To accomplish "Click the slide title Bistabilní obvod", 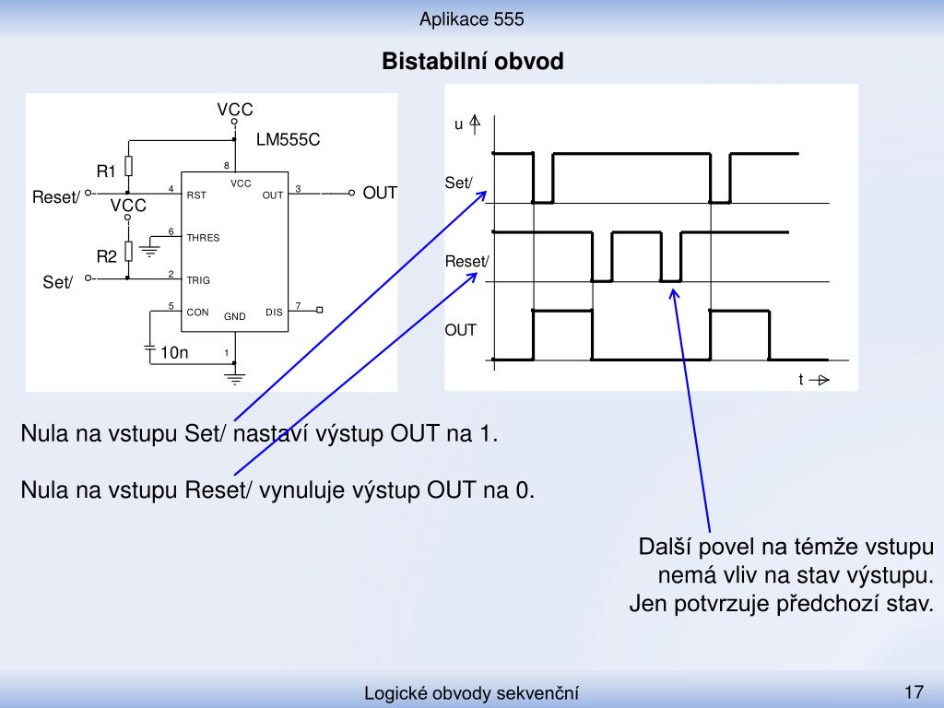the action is (x=473, y=62).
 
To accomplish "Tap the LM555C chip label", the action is (x=288, y=140).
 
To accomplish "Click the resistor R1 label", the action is (x=106, y=171).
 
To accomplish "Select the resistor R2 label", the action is (x=107, y=257).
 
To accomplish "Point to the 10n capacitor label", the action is (x=174, y=352).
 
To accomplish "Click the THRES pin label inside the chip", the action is (x=203, y=238).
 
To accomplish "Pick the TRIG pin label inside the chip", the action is (x=198, y=280).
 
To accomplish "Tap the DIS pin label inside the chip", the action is (x=274, y=313).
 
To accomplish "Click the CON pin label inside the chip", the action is (x=197, y=313).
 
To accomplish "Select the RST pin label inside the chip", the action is (x=196, y=195).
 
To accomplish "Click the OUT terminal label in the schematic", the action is (x=380, y=194).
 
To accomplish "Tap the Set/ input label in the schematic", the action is (x=58, y=282).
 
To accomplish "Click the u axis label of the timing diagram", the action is (x=459, y=124).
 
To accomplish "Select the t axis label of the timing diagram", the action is (x=801, y=379).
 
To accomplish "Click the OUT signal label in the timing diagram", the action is (x=461, y=330).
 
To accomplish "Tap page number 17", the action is (x=914, y=691).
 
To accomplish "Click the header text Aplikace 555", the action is (x=472, y=19).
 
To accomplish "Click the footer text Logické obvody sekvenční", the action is (x=471, y=693).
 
